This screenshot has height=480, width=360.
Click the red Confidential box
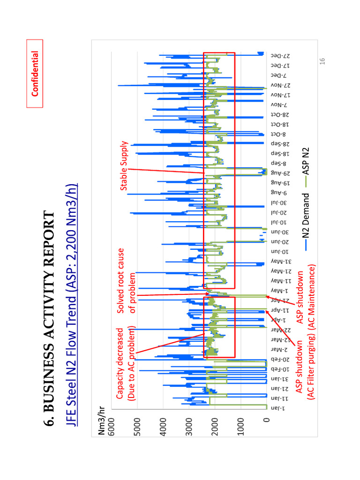coord(35,74)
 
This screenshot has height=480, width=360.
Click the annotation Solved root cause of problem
coord(127,281)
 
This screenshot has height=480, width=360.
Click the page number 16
coord(322,61)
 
